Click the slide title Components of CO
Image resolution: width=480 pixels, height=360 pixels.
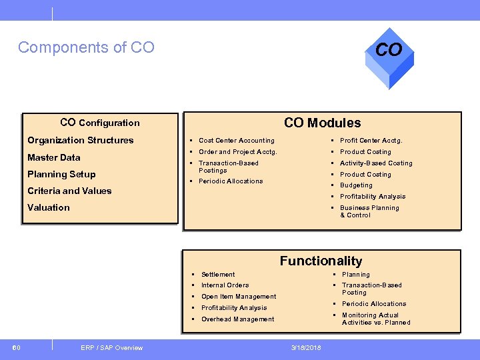[x=86, y=47]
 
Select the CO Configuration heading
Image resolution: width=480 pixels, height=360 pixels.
[x=99, y=122]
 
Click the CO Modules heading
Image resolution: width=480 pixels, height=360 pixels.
[x=322, y=123]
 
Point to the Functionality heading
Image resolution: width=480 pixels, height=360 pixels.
[x=321, y=261]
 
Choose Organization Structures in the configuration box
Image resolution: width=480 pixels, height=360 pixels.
[x=80, y=140]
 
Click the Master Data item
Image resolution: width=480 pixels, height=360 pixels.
[x=53, y=157]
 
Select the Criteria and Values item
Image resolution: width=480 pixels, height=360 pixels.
[x=69, y=191]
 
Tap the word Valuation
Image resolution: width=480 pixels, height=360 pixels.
[x=48, y=207]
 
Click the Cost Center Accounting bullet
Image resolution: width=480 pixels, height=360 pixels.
[x=236, y=141]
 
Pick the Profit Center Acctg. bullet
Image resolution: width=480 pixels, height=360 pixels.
[x=371, y=141]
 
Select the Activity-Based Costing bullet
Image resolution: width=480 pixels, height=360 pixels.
[x=376, y=163]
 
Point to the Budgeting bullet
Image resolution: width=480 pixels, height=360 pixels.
[x=356, y=185]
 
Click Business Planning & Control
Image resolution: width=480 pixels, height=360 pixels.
[x=369, y=211]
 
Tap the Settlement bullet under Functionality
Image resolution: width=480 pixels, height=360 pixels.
[x=218, y=275]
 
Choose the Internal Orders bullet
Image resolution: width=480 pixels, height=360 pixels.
[x=225, y=285]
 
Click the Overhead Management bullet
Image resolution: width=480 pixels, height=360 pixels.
[x=237, y=319]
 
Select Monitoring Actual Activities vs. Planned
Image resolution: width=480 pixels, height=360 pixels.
[x=375, y=319]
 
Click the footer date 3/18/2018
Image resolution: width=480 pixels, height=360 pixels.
[x=306, y=347]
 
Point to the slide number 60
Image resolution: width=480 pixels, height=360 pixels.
[x=17, y=347]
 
